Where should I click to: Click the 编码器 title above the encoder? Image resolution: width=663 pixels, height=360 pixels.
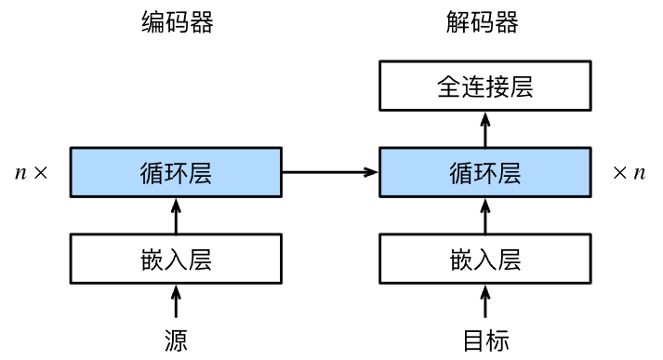[177, 23]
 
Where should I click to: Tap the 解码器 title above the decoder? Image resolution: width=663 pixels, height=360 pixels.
[484, 23]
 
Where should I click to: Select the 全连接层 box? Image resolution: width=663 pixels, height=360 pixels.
[484, 87]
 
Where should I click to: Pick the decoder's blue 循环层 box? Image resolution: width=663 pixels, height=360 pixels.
[484, 172]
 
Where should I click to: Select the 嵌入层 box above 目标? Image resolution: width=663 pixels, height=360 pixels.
[484, 259]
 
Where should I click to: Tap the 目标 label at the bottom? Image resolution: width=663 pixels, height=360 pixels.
[484, 340]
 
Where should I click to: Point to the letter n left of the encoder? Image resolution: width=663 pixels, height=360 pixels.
[21, 173]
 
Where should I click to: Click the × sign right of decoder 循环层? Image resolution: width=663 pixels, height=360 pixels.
[620, 173]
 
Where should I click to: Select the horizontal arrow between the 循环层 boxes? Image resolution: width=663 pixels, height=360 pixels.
[331, 172]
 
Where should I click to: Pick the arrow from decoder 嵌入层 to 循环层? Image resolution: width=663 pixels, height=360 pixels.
[484, 216]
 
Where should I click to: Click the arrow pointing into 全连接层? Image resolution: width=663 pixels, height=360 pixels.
[484, 129]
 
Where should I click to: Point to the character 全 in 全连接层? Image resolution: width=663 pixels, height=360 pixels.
[448, 87]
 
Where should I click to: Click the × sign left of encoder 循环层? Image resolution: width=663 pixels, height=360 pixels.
[40, 173]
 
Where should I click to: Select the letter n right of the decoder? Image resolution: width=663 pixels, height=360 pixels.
[639, 173]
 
